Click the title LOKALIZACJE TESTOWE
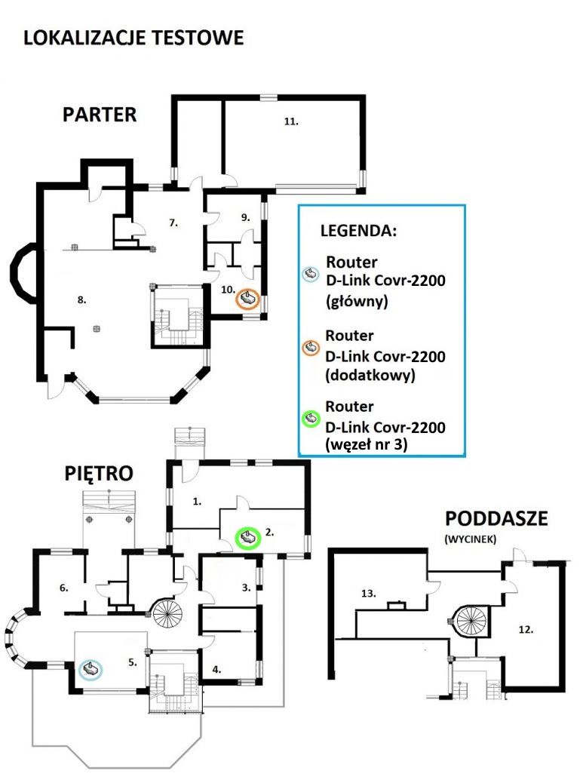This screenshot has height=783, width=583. click(133, 38)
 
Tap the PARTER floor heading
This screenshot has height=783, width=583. click(100, 115)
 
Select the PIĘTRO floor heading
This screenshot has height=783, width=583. click(99, 473)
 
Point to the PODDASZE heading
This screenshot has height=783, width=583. click(496, 518)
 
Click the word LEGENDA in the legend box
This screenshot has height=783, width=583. click(358, 231)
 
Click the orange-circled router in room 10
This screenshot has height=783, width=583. click(248, 300)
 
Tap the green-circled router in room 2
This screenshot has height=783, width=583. click(248, 539)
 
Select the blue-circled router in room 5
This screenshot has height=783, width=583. click(91, 669)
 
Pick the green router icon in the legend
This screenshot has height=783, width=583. click(311, 419)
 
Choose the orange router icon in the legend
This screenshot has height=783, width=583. click(311, 347)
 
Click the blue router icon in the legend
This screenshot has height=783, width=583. click(311, 274)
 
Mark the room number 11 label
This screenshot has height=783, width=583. click(291, 121)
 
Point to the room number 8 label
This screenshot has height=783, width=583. click(82, 300)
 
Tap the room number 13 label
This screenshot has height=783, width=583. click(368, 593)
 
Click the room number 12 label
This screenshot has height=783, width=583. click(526, 630)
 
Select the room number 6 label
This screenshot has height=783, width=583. click(64, 588)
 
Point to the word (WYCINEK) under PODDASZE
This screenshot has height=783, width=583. click(470, 539)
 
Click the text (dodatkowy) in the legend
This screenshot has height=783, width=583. click(370, 375)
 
